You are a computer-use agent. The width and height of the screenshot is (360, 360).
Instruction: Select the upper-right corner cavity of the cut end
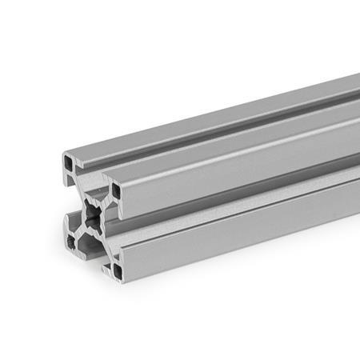pos(117,191)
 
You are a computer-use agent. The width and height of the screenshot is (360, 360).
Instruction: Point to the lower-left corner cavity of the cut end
pos(71,241)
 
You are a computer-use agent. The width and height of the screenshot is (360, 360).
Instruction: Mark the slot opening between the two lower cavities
pos(94,254)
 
